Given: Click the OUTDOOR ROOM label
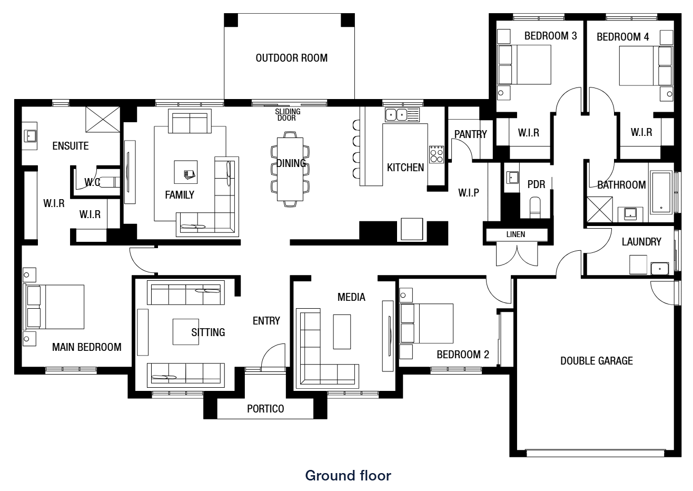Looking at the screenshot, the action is tap(291, 58).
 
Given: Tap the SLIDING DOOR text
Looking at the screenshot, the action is tap(288, 114).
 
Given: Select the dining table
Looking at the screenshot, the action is tap(290, 169).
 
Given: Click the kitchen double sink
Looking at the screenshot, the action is tap(397, 115).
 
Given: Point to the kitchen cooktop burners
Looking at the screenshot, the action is tap(437, 154).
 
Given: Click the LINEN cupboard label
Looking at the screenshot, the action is tap(516, 234).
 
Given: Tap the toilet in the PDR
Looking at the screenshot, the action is tap(535, 207).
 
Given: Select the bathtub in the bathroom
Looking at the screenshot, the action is tap(661, 192).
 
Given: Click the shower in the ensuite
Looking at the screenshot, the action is tap(103, 119).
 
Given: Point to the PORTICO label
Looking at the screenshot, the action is tap(265, 409).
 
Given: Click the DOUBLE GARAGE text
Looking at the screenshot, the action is tap(597, 361).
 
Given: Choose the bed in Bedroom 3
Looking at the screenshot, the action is tap(524, 65).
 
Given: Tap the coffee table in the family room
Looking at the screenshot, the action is tap(185, 172).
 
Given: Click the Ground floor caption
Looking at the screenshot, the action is tap(348, 476).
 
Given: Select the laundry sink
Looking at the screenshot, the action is tap(660, 269).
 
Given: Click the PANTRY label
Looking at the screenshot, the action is tap(471, 134).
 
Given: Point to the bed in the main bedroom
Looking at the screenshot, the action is tap(54, 307).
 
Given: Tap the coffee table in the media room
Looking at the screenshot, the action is tap(342, 331).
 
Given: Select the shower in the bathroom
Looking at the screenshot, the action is tap(600, 209).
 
